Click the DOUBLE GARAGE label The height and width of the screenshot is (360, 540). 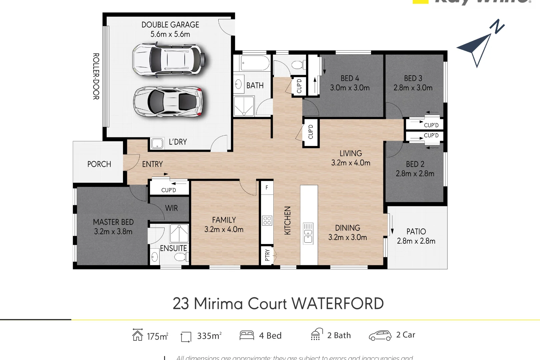click(170, 25)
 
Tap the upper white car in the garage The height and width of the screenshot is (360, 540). click(169, 59)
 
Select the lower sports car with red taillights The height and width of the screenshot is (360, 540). click(168, 102)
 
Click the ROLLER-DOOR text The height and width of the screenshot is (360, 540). click(96, 76)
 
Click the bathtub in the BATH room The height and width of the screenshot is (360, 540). click(255, 63)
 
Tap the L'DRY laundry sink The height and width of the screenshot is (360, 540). click(157, 143)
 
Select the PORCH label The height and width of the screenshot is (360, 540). click(99, 164)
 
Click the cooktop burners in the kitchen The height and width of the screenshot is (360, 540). click(267, 220)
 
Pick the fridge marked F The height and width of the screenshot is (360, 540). click(267, 188)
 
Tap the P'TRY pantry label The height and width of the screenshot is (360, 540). click(267, 255)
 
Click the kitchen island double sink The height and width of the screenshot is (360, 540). click(308, 234)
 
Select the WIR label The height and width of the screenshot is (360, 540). click(171, 208)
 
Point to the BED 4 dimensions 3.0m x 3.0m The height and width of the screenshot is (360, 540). click(350, 88)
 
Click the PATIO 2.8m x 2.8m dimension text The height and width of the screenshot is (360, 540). click(416, 241)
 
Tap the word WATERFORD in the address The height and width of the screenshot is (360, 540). click(337, 304)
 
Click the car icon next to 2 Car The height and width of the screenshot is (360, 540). click(380, 335)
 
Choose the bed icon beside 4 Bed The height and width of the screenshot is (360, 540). click(247, 335)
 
